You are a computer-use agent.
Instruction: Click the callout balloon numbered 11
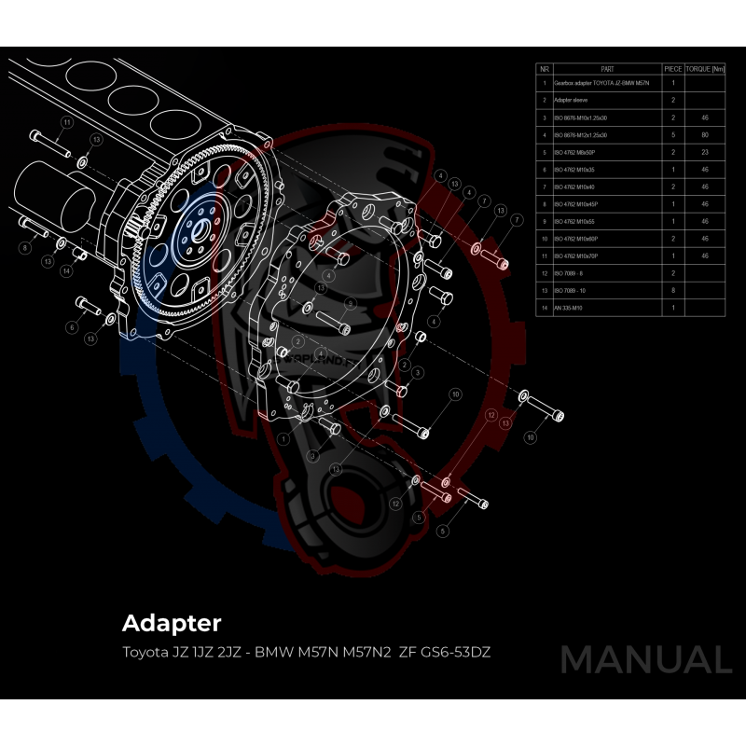point(66,122)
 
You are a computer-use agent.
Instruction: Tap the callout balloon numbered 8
point(25,247)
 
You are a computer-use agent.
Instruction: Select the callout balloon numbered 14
point(66,271)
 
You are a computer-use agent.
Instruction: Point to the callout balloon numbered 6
point(71,327)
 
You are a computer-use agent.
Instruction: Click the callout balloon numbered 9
point(350,304)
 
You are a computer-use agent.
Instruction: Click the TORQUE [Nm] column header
point(706,69)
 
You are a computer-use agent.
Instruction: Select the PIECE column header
point(672,69)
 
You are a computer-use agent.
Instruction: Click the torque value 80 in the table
point(705,134)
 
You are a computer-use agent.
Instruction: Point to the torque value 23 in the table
point(705,151)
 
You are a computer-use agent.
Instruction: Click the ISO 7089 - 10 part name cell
point(570,290)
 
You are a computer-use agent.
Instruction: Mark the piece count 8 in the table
point(672,290)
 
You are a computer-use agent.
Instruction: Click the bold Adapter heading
point(172,622)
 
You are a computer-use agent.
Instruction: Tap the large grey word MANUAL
point(645,659)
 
